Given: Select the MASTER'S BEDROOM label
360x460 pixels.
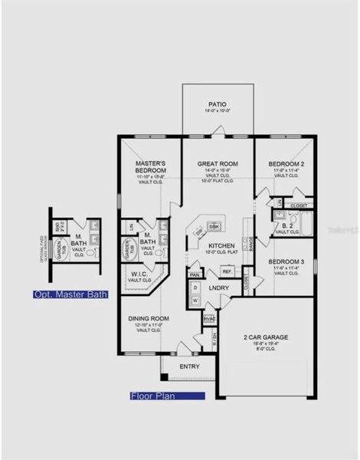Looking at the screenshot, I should [x=150, y=166].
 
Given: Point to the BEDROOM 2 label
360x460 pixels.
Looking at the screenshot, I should [x=286, y=164].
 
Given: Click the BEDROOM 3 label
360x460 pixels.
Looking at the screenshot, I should [x=286, y=261].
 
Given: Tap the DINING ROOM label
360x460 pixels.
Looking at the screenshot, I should [x=149, y=318].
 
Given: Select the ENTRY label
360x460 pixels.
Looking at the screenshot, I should [x=189, y=366].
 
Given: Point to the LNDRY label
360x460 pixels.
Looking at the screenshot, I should [x=218, y=287].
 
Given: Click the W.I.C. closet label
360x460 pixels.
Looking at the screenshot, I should [x=139, y=274].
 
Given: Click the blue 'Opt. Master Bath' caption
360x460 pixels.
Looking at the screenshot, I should [x=70, y=294].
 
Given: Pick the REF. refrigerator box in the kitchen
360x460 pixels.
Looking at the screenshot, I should [x=227, y=271].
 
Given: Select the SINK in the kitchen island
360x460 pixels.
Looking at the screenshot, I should [x=214, y=227].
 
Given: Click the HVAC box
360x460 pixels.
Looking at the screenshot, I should [x=208, y=318].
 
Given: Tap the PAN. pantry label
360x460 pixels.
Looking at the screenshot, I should [x=195, y=274].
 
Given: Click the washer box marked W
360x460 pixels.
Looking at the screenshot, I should [x=196, y=301].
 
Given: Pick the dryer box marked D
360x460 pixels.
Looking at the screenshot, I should [x=196, y=287].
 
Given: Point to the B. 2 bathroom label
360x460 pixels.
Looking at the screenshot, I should [x=286, y=226].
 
